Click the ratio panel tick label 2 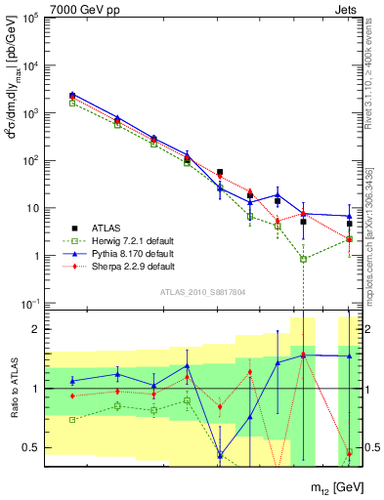pos(32,330)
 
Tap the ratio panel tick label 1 pos(32,389)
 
